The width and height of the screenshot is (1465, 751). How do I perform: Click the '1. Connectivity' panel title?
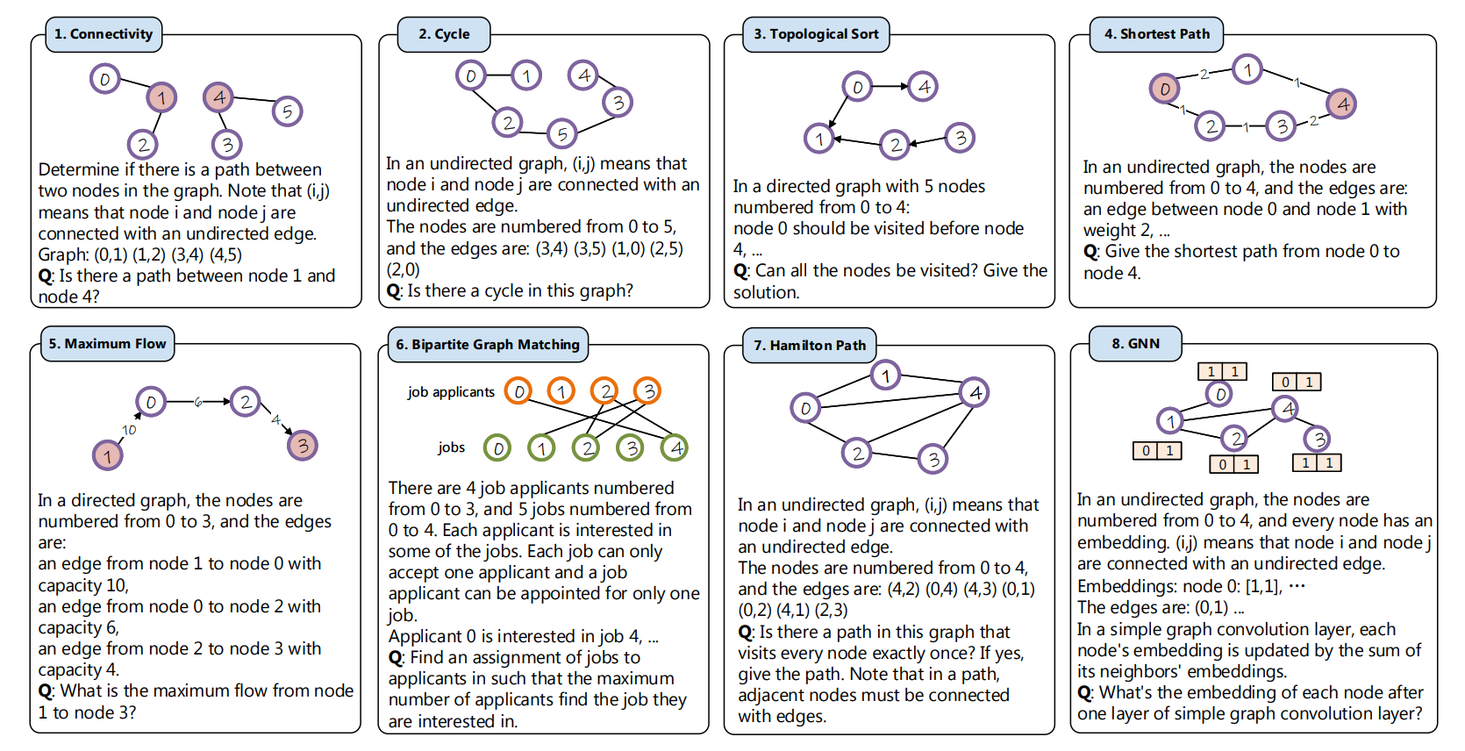104,34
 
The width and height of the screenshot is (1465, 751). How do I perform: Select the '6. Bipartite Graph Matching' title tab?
488,345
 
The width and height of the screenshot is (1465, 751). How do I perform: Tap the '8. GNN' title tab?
1135,344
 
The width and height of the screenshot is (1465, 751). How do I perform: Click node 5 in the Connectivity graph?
287,111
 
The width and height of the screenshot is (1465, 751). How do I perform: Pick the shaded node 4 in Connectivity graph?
218,97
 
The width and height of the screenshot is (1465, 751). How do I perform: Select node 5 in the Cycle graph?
561,133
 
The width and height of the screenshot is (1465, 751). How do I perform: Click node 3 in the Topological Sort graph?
960,138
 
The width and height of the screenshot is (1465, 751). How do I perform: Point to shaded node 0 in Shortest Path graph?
1164,89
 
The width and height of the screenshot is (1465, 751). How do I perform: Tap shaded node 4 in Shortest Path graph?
1342,104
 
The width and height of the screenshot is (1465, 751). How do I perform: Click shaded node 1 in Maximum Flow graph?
108,455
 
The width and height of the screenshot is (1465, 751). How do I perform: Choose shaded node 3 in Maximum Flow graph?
303,446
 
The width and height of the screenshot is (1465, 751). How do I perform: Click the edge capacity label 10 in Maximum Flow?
129,430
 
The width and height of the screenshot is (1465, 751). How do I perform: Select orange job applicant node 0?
518,391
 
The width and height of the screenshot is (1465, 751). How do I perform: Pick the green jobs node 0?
497,448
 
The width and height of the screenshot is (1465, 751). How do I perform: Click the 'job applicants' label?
451,392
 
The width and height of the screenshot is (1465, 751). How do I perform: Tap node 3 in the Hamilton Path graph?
933,458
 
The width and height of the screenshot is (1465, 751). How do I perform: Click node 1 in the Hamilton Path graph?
885,376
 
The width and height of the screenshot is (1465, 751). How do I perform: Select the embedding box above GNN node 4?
1297,382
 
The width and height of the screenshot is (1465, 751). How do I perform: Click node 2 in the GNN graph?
1235,438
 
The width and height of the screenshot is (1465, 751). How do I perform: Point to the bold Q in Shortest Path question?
1090,252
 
